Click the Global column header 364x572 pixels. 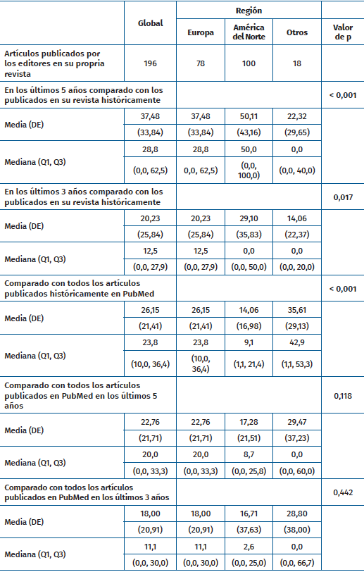[x=150, y=23]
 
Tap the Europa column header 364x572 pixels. [x=200, y=32]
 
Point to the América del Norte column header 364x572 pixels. [x=248, y=32]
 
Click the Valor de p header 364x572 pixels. [x=342, y=32]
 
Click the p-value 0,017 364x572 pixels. [x=342, y=199]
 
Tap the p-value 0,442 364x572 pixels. [x=342, y=491]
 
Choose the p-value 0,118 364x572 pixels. [x=342, y=396]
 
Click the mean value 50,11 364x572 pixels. [x=248, y=116]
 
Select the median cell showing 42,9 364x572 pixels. [x=297, y=341]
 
